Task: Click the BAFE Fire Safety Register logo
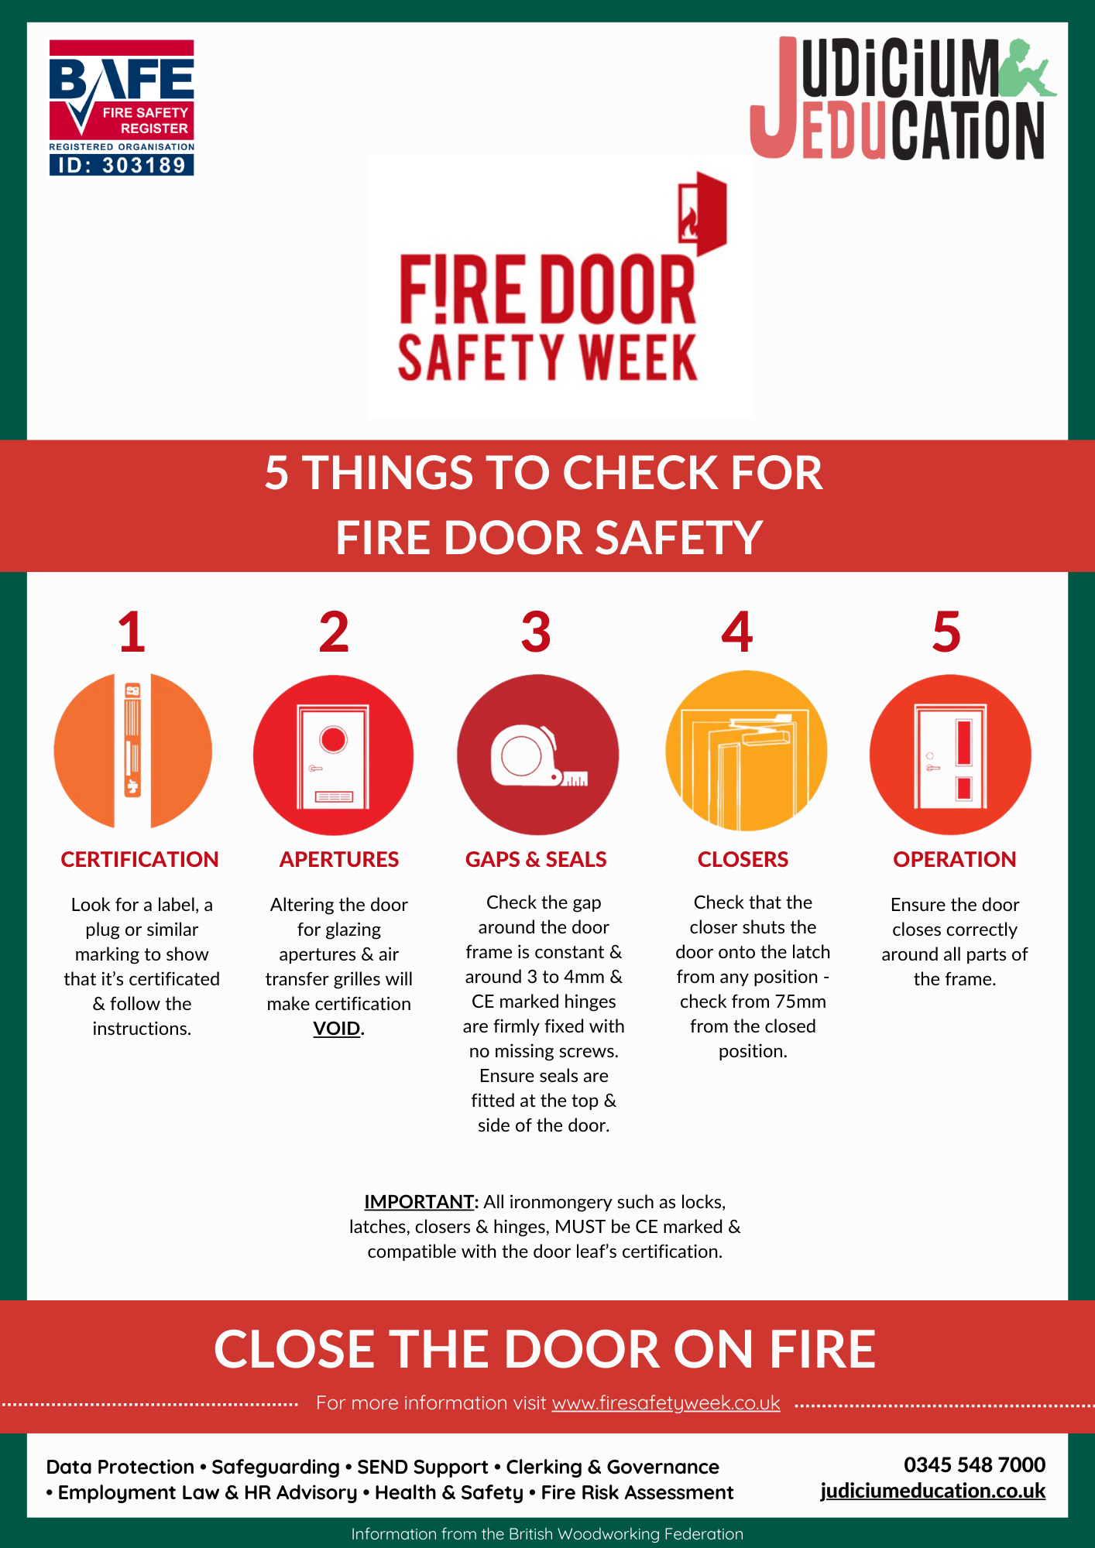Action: click(122, 108)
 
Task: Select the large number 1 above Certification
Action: click(132, 632)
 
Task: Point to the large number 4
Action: click(736, 632)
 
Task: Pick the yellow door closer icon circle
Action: click(747, 751)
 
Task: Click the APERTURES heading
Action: click(339, 859)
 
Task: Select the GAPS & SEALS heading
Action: click(536, 859)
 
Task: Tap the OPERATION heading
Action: click(955, 859)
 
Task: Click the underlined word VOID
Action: click(337, 1029)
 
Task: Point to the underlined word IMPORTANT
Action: click(419, 1202)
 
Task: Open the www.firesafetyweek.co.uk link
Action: click(666, 1403)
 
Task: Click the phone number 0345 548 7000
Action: click(974, 1464)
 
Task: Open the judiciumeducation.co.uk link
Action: click(933, 1491)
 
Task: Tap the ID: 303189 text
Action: click(122, 165)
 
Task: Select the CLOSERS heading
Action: click(743, 859)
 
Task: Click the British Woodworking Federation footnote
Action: click(547, 1533)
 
